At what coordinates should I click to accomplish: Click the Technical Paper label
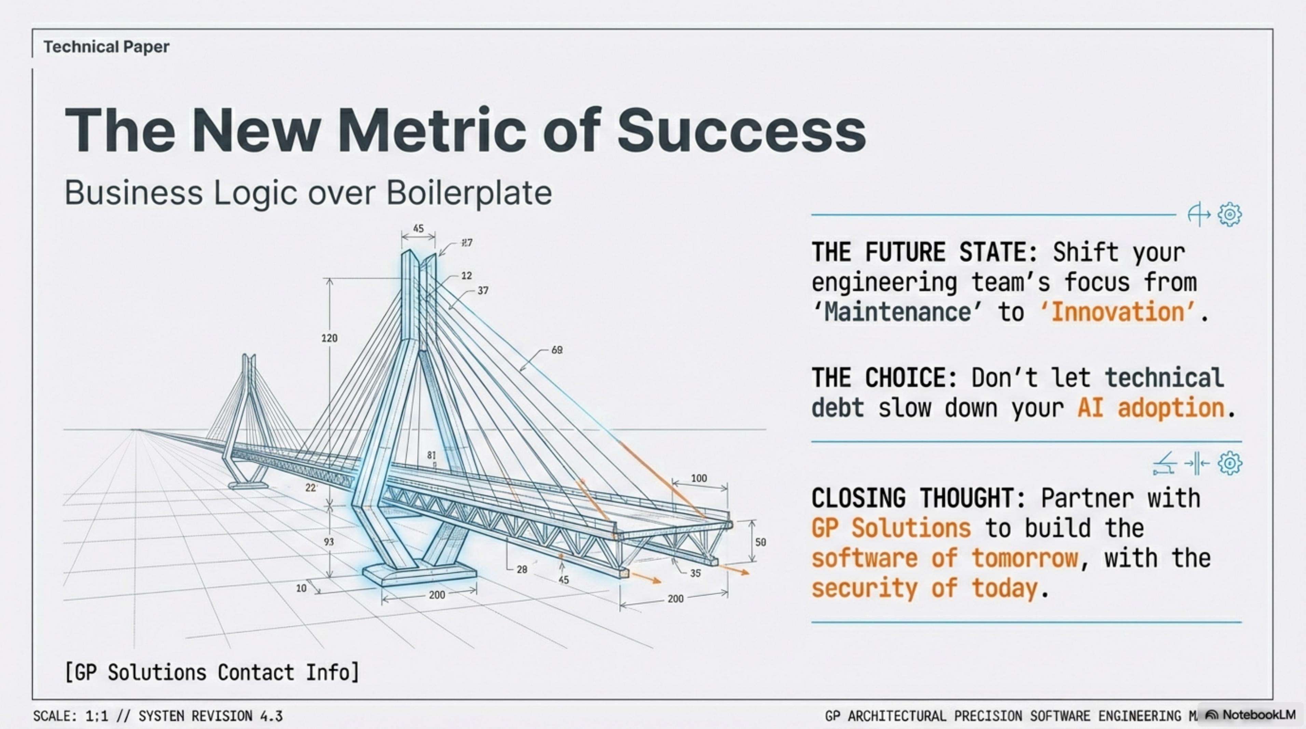click(x=107, y=47)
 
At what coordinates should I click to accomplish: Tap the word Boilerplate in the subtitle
click(x=469, y=193)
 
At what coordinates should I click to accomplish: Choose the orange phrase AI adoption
click(x=1151, y=408)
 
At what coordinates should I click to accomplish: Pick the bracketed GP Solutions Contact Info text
click(x=212, y=672)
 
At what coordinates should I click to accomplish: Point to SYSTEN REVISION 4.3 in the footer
click(x=210, y=716)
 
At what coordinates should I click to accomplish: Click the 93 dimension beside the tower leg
click(x=329, y=542)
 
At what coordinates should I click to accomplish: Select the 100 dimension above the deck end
click(x=699, y=478)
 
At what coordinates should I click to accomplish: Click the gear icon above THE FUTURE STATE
click(x=1229, y=215)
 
